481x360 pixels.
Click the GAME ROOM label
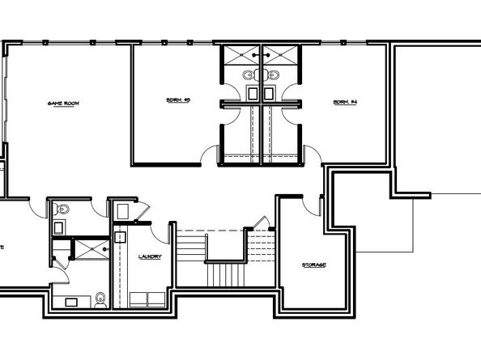coord(66,104)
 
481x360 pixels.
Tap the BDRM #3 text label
coord(177,102)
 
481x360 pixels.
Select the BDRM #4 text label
coord(346,102)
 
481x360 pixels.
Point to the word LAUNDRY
coord(151,257)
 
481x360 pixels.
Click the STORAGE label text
coord(315,265)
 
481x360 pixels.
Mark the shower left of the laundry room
coord(92,248)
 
